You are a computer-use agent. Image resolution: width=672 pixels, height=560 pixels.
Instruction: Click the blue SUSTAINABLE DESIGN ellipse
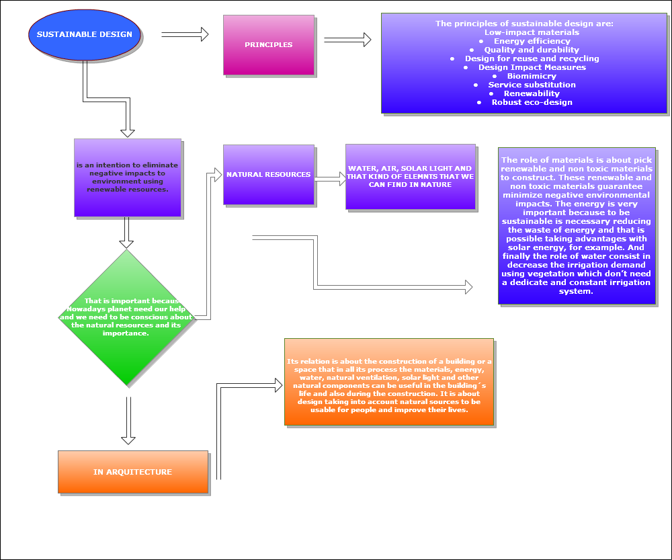(85, 34)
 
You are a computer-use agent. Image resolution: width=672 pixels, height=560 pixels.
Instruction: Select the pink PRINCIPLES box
(269, 45)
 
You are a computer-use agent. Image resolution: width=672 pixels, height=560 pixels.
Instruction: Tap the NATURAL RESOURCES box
(269, 175)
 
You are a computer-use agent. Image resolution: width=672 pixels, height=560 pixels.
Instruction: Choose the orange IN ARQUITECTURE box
(133, 472)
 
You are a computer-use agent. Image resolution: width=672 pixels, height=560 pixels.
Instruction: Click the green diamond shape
(127, 318)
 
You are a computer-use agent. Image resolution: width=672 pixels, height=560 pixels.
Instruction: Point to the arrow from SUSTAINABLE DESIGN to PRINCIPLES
(185, 34)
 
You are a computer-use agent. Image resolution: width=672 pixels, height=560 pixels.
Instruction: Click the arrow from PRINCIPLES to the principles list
(347, 40)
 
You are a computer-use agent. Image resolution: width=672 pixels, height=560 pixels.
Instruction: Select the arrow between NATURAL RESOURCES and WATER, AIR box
(330, 179)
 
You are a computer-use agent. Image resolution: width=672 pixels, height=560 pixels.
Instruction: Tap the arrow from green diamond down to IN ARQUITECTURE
(128, 420)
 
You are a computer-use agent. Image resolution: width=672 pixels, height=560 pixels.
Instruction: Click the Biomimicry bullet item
(532, 76)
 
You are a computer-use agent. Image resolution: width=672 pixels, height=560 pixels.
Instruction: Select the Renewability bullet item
(532, 93)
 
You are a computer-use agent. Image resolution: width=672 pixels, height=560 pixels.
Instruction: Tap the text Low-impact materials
(532, 32)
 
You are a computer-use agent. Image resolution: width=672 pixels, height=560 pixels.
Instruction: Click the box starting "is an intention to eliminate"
(128, 177)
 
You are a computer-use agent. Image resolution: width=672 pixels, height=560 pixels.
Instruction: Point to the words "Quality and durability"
(532, 50)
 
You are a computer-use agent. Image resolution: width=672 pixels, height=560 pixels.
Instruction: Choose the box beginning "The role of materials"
(577, 226)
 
